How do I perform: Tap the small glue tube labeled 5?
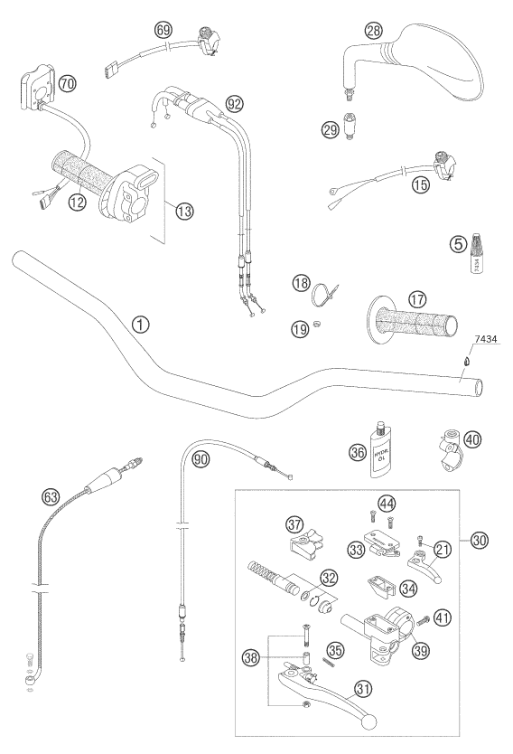pos(478,257)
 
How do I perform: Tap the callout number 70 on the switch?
pos(66,82)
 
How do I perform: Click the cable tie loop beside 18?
pos(322,296)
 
